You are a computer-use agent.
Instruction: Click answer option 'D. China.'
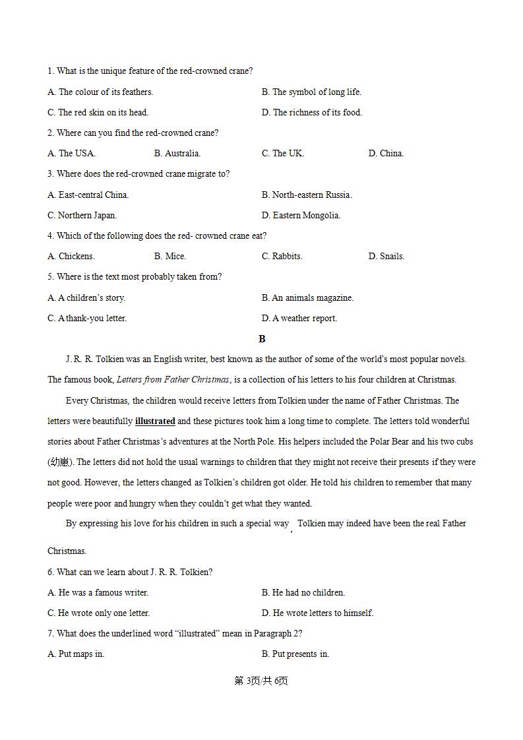click(x=386, y=154)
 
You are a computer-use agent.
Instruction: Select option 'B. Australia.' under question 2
click(x=177, y=154)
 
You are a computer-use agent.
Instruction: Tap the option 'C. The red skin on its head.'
click(x=98, y=113)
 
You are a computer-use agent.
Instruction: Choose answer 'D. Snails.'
click(x=386, y=257)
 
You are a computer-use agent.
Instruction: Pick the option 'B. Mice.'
click(x=170, y=257)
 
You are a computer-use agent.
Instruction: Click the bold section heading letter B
click(x=262, y=339)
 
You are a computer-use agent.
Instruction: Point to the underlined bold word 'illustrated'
click(x=155, y=421)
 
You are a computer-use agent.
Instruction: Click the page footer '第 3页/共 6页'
click(x=261, y=681)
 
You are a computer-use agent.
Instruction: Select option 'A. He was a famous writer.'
click(x=98, y=593)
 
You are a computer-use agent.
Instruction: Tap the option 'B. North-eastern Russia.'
click(x=307, y=195)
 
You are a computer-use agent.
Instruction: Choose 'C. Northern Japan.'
click(x=82, y=216)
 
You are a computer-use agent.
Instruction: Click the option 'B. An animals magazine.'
click(x=307, y=298)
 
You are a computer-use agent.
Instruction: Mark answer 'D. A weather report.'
click(x=299, y=319)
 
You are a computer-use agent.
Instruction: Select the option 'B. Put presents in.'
click(x=295, y=654)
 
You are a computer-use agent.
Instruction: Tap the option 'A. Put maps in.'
click(x=76, y=654)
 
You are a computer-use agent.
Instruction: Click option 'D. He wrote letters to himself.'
click(x=317, y=613)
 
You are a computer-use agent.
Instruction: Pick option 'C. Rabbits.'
click(x=282, y=257)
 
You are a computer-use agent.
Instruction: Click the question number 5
click(x=50, y=277)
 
